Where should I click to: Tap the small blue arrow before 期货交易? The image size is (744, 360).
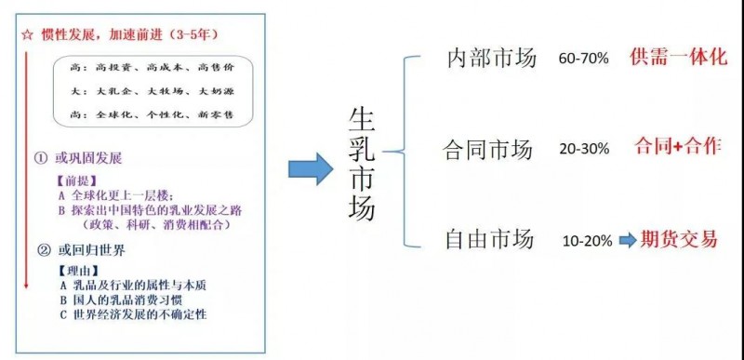[626, 240]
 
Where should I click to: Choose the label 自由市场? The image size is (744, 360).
[489, 239]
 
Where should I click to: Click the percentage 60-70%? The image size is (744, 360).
[583, 59]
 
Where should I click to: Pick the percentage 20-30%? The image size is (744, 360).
[584, 150]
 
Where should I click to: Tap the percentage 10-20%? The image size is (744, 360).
[587, 241]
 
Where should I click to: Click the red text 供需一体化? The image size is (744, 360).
[678, 57]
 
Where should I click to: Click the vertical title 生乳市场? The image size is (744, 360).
[362, 164]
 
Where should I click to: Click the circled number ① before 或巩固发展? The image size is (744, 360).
[41, 158]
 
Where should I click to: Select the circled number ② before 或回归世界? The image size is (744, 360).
[43, 249]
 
